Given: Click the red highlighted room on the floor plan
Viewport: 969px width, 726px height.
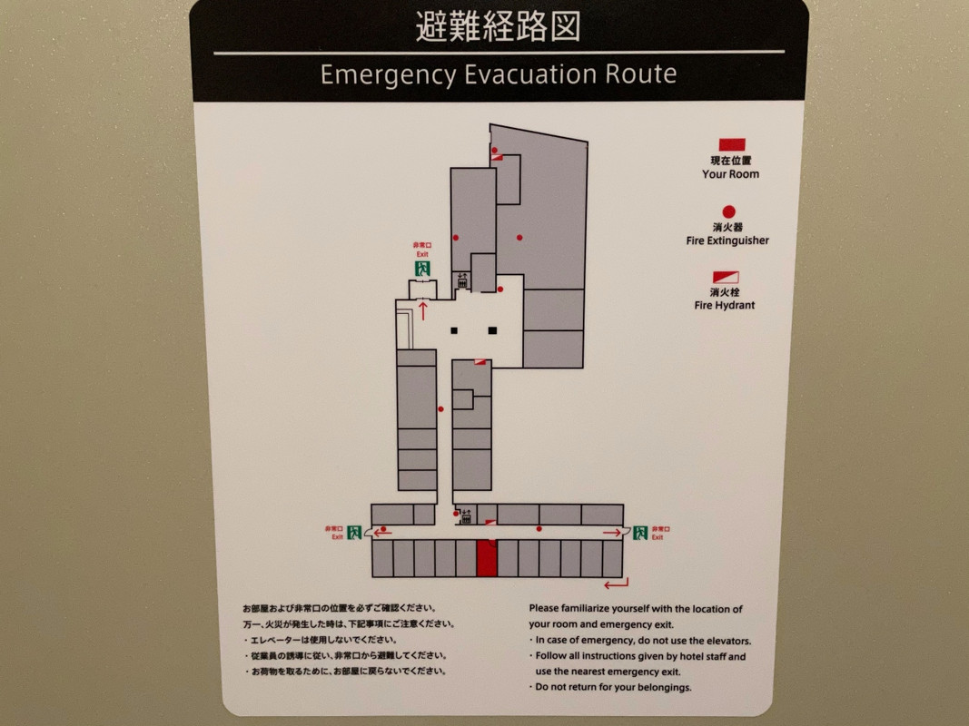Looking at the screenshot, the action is [x=487, y=558].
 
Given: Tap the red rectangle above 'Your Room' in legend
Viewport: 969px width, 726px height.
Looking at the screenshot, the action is [x=732, y=144].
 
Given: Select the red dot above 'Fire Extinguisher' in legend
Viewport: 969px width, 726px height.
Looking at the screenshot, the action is [x=729, y=211].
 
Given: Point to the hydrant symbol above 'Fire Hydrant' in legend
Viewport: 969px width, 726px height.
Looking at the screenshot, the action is [x=727, y=277].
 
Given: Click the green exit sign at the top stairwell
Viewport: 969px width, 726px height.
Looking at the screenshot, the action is [x=422, y=269].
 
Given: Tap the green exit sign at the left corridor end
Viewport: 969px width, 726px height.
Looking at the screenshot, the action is [x=354, y=532].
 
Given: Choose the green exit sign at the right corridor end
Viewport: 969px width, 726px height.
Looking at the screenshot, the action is [x=640, y=533].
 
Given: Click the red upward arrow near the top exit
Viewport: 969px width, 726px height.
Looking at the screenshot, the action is [x=423, y=309].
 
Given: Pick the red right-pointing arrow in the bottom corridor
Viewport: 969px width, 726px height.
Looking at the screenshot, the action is [x=612, y=533].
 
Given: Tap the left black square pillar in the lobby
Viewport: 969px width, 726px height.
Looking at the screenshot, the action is [x=454, y=331].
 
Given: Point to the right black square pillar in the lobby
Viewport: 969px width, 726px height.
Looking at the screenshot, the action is [x=492, y=331].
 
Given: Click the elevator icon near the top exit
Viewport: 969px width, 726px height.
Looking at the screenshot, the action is [x=462, y=281].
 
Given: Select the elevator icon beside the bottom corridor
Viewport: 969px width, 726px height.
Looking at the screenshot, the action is [x=467, y=516].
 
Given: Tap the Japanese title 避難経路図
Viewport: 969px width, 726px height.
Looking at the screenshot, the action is [x=498, y=26].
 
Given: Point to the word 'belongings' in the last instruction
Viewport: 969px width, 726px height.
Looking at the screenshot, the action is [x=662, y=687].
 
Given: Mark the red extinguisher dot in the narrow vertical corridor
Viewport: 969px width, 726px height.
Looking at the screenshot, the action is [x=440, y=409].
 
